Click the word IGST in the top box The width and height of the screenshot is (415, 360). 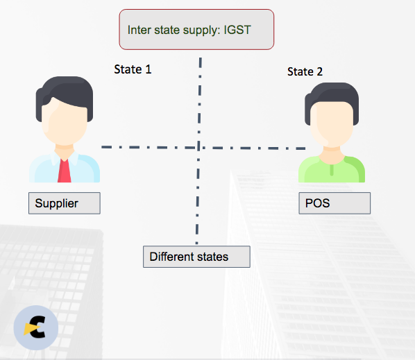(x=237, y=30)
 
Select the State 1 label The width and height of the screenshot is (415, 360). (x=133, y=69)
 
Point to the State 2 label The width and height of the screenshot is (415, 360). (x=305, y=71)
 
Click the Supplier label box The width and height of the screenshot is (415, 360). (x=65, y=203)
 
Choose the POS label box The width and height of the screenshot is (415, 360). (x=334, y=203)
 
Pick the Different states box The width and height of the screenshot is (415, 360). (x=196, y=257)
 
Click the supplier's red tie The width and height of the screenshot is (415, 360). (x=65, y=171)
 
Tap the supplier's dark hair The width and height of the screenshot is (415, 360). (x=65, y=95)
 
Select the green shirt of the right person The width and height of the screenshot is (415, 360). (x=332, y=169)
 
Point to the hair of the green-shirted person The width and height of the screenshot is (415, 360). (x=332, y=98)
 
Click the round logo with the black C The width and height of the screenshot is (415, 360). (x=36, y=327)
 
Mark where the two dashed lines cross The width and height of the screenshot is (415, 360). (x=198, y=148)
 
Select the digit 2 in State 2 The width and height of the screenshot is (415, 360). (x=320, y=71)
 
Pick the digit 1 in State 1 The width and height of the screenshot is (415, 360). (x=149, y=69)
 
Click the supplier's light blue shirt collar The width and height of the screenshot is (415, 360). (x=65, y=158)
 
